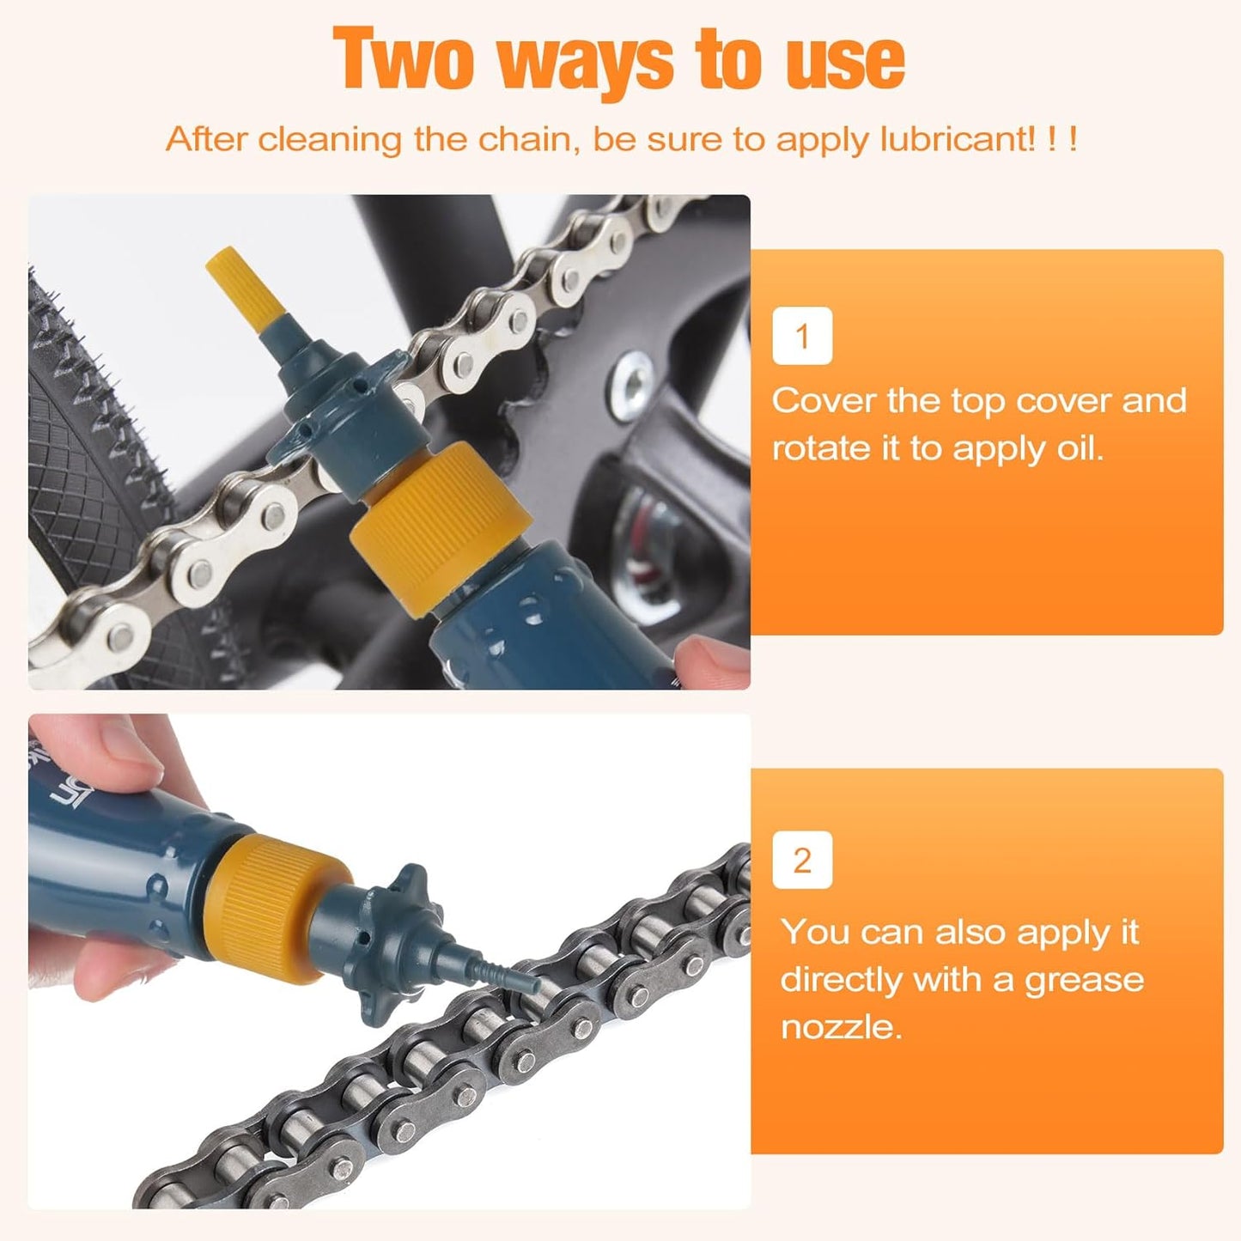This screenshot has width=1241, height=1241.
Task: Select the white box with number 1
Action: [802, 336]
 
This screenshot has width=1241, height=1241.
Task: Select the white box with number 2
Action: [802, 860]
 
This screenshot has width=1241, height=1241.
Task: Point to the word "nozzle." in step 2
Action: [841, 1027]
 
